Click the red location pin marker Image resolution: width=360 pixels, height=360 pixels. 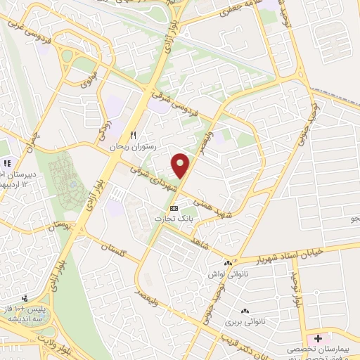pos(181,165)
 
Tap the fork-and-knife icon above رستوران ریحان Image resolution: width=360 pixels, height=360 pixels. pos(131,136)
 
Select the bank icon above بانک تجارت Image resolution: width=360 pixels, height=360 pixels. pos(174,208)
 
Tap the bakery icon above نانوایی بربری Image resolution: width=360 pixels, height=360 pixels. pos(245,311)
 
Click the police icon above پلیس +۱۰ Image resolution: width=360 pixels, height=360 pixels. pos(25,298)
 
